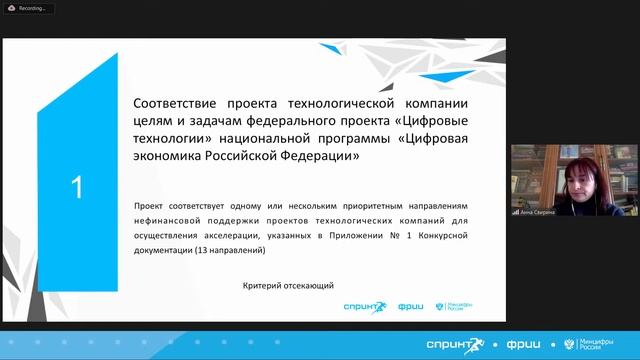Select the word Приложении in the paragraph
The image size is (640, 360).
(x=344, y=234)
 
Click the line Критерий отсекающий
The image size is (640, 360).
(x=287, y=285)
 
